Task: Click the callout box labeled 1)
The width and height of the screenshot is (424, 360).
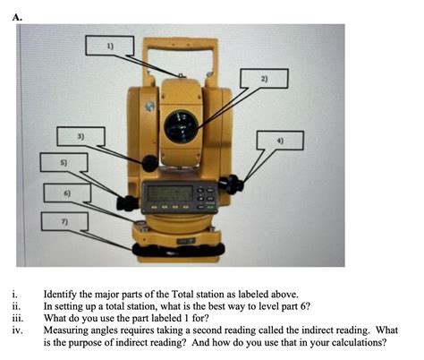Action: pos(111,45)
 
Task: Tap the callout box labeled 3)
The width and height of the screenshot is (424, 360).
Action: pos(81,137)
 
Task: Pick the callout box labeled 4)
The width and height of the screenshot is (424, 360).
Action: pos(280,141)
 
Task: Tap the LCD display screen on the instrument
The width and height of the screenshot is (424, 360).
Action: pos(169,194)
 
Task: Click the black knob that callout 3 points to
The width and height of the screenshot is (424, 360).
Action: pos(148,163)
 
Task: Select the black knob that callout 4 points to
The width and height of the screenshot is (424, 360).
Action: pos(234,184)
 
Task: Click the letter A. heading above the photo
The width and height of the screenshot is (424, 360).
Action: pos(19,14)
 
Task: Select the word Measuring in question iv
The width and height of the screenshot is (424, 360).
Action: pos(66,330)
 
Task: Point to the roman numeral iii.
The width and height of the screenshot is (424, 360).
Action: pos(16,318)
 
